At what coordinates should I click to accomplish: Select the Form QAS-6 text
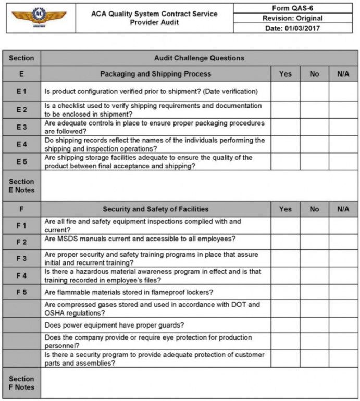point(292,8)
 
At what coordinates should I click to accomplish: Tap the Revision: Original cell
point(292,18)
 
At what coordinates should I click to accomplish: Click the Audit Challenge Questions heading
point(199,58)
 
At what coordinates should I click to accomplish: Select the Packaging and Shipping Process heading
point(156,74)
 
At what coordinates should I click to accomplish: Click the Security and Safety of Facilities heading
point(156,209)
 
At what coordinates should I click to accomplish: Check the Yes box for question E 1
point(285,91)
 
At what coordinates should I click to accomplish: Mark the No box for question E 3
point(314,127)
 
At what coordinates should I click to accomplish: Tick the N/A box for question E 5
point(343,161)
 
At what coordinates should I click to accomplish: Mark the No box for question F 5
point(314,292)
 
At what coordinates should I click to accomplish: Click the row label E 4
point(21,144)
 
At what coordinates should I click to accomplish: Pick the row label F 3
point(21,258)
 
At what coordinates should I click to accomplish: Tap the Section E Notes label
point(21,186)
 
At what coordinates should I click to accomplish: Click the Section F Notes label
point(21,383)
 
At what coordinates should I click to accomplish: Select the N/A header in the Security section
point(343,209)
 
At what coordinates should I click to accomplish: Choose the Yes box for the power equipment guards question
point(285,325)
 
